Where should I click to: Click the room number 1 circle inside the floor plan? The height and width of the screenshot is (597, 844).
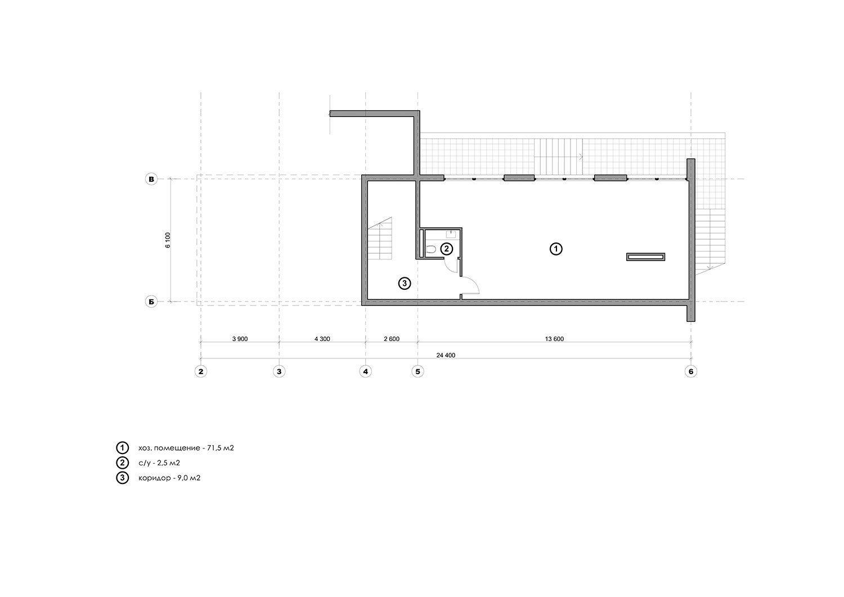coord(556,249)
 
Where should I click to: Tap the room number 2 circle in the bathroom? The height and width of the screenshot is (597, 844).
coord(447,249)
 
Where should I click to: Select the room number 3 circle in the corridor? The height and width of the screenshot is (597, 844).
coord(405,283)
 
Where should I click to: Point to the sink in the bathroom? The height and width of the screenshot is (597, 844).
coord(451,234)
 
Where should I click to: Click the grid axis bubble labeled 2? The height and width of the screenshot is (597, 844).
coord(201,371)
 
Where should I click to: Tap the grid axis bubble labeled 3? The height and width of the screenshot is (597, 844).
coord(279,371)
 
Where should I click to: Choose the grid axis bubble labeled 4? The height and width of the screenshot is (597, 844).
coord(366,371)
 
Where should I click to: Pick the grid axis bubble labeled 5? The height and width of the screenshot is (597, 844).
coord(417,371)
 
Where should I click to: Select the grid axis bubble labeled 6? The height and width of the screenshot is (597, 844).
coord(690,371)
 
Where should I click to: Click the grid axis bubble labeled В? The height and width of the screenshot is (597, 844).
coord(151,179)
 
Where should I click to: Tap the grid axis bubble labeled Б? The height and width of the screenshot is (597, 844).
coord(151,302)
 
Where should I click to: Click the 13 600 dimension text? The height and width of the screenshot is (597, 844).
coord(554,339)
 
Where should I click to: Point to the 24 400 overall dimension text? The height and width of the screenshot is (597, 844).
coord(446,356)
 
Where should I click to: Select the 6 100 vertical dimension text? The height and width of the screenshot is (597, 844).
coord(168,240)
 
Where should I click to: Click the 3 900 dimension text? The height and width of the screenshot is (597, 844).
coord(240,339)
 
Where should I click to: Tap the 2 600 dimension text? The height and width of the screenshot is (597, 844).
coord(392,339)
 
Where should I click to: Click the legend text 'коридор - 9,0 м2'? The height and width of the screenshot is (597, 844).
coord(169,478)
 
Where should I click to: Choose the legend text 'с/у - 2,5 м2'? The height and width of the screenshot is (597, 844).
coord(159,463)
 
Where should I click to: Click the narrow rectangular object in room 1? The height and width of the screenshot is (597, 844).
coord(645,257)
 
